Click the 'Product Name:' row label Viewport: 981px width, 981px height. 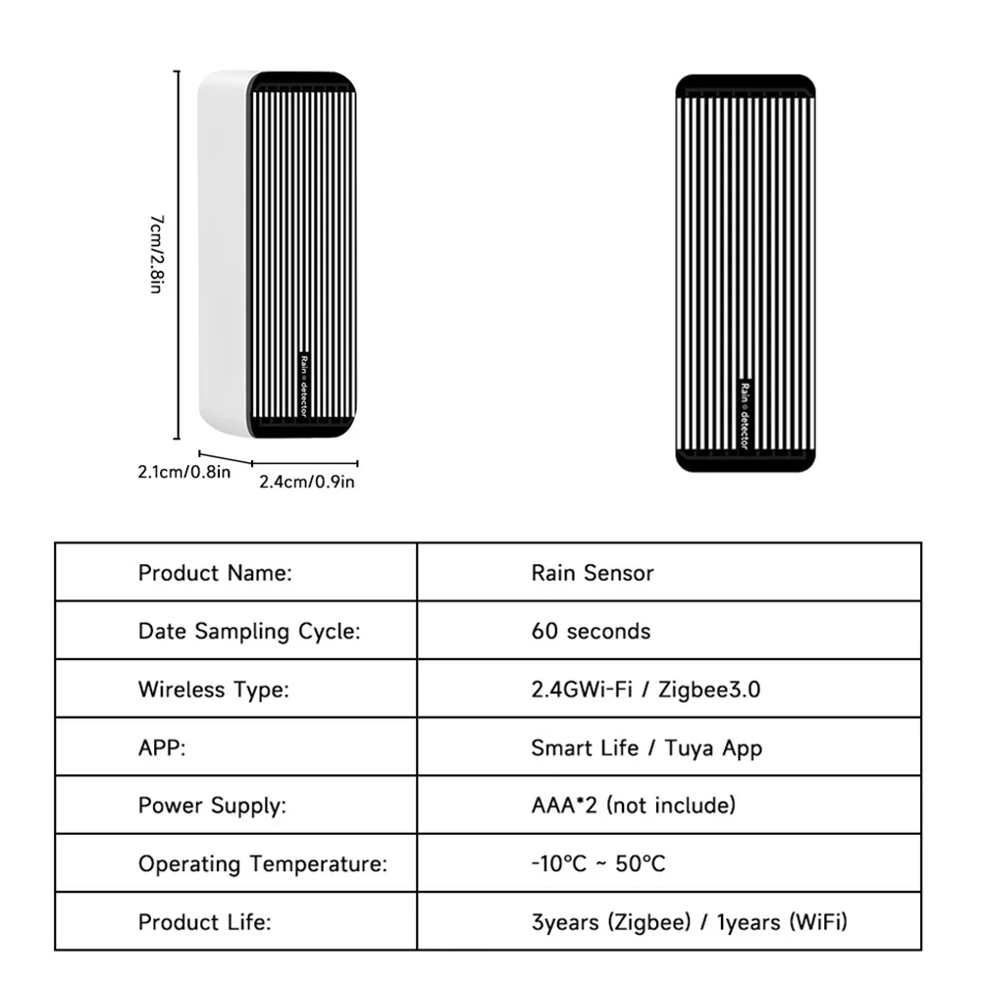tap(215, 573)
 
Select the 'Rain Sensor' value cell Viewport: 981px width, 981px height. tap(592, 573)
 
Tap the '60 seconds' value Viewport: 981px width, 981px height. tap(591, 631)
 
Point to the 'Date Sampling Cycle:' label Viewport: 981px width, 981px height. tap(249, 631)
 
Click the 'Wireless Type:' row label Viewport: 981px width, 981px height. tap(214, 690)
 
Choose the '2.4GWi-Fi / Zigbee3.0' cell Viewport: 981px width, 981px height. tap(645, 690)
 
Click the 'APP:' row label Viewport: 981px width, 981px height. tap(162, 749)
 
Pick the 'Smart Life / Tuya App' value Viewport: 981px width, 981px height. tap(646, 749)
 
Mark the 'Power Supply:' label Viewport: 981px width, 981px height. tap(212, 806)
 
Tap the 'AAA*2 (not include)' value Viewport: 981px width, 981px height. tap(633, 806)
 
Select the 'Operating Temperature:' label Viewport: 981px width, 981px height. tap(263, 864)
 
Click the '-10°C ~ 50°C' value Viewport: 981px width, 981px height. tap(597, 864)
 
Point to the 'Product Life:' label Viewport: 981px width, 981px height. tap(204, 922)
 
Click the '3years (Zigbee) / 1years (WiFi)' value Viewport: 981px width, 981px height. tap(689, 922)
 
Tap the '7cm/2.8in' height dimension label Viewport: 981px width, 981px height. tap(156, 255)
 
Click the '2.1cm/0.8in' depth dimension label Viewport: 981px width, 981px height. tap(183, 473)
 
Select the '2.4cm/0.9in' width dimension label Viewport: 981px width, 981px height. tap(306, 482)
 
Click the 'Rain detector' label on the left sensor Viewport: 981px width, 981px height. tap(303, 384)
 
